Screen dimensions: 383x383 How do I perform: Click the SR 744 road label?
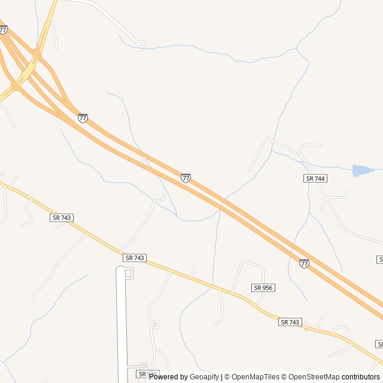315,178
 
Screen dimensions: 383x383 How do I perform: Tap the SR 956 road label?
263,288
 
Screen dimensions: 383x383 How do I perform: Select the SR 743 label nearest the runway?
135,257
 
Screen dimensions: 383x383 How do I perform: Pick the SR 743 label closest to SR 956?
290,322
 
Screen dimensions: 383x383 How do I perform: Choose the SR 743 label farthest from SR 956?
62,218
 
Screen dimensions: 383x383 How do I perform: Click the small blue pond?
363,171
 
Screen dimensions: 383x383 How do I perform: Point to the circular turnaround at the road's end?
141,44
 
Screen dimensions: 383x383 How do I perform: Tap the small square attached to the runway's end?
128,273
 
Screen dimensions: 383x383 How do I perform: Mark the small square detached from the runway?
154,324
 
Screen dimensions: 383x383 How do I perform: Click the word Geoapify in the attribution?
205,377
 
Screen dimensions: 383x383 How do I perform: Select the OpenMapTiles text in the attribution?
256,377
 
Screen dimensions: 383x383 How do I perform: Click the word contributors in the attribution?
361,377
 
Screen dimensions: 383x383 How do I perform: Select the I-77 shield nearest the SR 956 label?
305,263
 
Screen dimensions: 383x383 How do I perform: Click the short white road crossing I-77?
144,160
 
